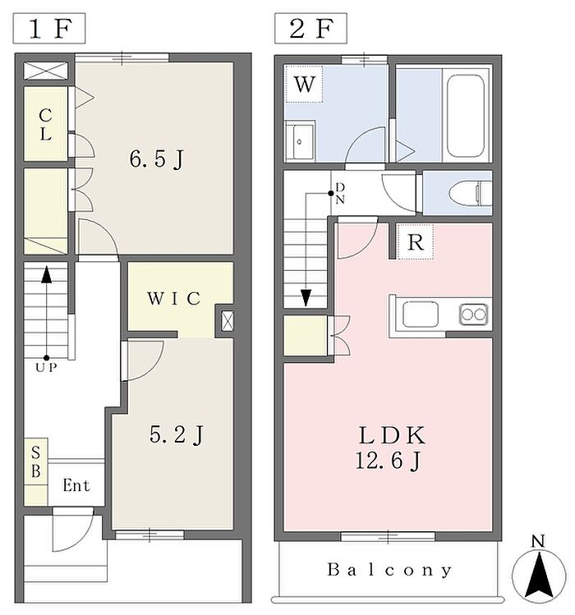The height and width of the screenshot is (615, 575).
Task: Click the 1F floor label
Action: [x=49, y=28]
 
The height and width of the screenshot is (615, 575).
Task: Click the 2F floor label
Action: [x=310, y=28]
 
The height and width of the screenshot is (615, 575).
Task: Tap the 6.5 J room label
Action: [x=157, y=159]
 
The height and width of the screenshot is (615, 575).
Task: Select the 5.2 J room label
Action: [x=177, y=434]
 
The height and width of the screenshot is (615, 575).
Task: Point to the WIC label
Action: [x=174, y=299]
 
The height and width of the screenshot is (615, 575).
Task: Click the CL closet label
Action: [x=45, y=125]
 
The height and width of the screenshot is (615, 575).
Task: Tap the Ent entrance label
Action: [x=76, y=485]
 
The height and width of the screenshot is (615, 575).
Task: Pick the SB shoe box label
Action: [x=35, y=462]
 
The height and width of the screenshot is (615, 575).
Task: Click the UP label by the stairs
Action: [x=46, y=368]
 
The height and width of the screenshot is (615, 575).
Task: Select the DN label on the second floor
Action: [x=340, y=193]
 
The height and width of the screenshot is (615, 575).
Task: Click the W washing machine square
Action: [x=304, y=84]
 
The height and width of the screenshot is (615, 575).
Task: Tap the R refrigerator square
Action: [x=416, y=242]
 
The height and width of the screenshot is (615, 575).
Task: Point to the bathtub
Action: [x=466, y=116]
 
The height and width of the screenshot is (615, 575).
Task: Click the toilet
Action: [x=470, y=193]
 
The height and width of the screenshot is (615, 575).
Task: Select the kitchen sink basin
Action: [x=421, y=314]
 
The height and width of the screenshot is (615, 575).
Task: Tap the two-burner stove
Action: [x=474, y=314]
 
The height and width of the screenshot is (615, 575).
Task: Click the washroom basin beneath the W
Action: [x=300, y=141]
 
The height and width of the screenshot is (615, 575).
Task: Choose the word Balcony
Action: [x=389, y=570]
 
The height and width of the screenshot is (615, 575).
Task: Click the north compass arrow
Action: [x=540, y=575]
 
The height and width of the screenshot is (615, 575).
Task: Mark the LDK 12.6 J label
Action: [x=390, y=448]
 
